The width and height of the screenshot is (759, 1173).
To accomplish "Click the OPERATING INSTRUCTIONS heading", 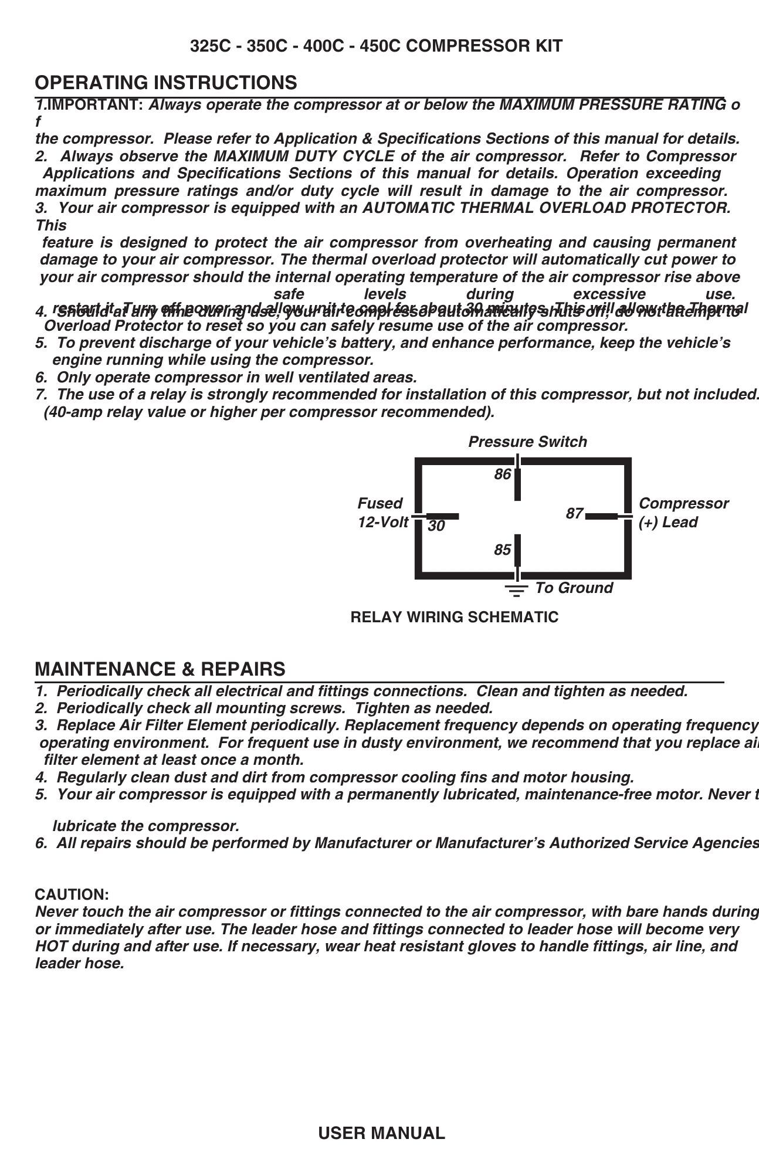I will click(x=166, y=83).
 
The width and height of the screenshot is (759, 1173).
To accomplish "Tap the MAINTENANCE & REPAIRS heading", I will click(x=160, y=669).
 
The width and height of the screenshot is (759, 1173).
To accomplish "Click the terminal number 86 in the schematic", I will click(x=502, y=474).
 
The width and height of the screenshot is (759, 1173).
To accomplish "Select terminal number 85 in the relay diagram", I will click(x=502, y=550).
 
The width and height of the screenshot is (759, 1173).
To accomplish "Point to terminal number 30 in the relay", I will click(x=436, y=526).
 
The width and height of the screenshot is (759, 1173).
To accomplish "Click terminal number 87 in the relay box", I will click(x=574, y=514).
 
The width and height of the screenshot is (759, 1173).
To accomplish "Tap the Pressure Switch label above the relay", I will click(x=527, y=442).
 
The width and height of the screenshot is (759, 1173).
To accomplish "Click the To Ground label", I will click(x=574, y=588).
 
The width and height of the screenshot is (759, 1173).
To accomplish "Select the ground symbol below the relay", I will click(x=516, y=590).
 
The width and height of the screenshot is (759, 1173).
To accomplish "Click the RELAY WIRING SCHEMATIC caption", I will click(x=454, y=617).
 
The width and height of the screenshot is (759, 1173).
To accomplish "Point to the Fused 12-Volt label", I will click(x=382, y=513).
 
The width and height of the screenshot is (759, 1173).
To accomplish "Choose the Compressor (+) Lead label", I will click(x=683, y=513).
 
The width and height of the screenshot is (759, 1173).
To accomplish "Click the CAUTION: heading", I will click(x=72, y=894).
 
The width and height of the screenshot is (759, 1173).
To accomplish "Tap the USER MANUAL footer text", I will click(x=381, y=1133).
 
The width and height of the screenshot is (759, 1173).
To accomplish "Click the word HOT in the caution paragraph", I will click(x=50, y=946).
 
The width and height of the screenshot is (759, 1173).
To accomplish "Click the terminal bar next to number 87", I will click(x=602, y=516).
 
